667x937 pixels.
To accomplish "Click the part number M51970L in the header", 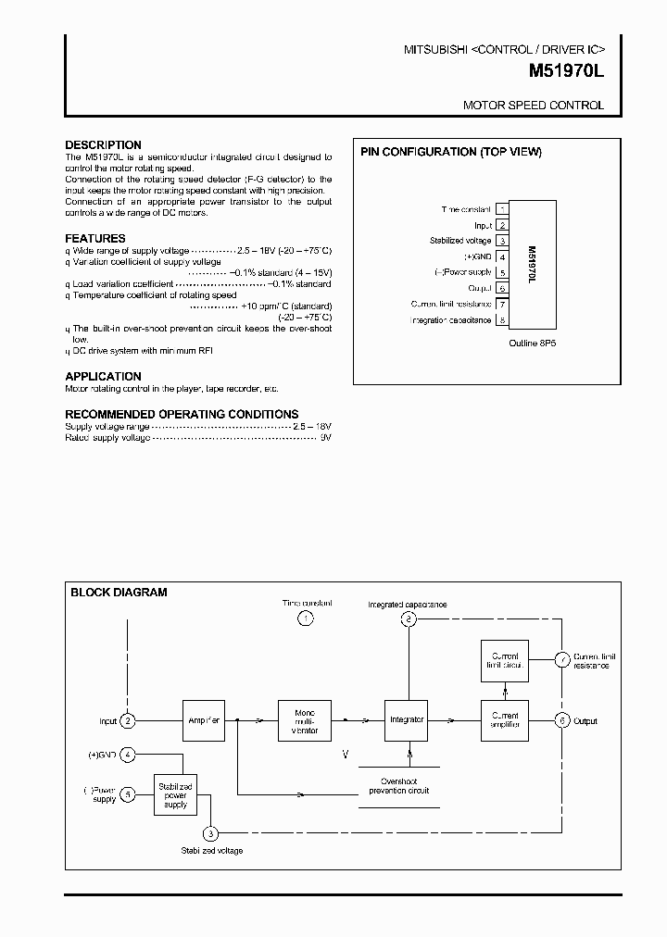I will pyautogui.click(x=566, y=69).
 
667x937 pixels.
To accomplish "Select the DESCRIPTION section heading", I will pyautogui.click(x=103, y=145).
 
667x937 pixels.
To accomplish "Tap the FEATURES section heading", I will pyautogui.click(x=95, y=239).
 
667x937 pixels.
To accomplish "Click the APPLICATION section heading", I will pyautogui.click(x=103, y=377).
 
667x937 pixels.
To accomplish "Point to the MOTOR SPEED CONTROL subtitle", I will pyautogui.click(x=533, y=106).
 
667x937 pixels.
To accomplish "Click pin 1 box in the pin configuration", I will pyautogui.click(x=501, y=209).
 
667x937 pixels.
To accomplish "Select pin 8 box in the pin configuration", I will pyautogui.click(x=501, y=320).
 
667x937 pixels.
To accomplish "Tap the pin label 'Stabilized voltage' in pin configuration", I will pyautogui.click(x=459, y=241).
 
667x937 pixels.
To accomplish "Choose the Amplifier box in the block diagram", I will pyautogui.click(x=204, y=720).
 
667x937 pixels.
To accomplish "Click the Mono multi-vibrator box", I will pyautogui.click(x=305, y=720).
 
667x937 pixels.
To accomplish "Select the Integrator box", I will pyautogui.click(x=407, y=719).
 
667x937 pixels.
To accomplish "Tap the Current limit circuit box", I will pyautogui.click(x=505, y=661).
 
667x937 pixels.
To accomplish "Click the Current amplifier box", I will pyautogui.click(x=505, y=719).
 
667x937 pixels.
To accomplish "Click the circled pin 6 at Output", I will pyautogui.click(x=561, y=720).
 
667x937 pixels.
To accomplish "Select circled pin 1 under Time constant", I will pyautogui.click(x=306, y=618).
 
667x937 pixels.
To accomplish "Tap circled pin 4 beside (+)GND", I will pyautogui.click(x=129, y=755).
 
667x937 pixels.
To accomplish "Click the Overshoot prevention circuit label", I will pyautogui.click(x=399, y=785).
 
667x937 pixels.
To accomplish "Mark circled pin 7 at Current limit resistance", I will pyautogui.click(x=561, y=660).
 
